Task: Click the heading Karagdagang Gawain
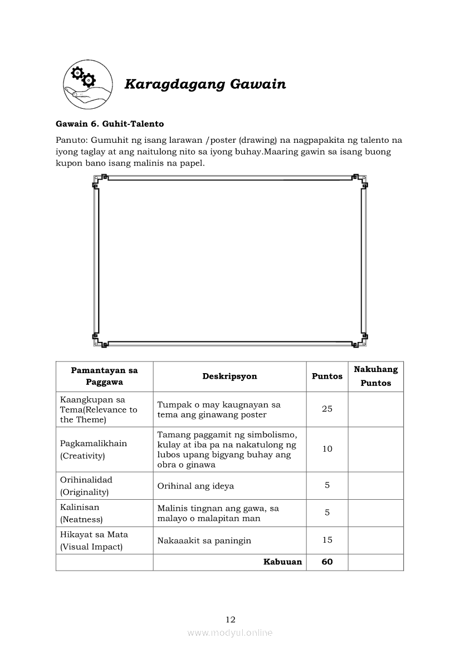(x=205, y=84)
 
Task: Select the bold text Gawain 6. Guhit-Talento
(x=110, y=124)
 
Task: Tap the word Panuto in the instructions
(x=71, y=140)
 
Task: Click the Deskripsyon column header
(x=229, y=376)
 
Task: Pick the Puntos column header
(x=327, y=376)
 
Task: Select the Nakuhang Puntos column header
(x=375, y=376)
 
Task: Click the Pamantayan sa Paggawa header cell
(x=104, y=376)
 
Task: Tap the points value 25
(x=327, y=409)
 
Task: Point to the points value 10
(x=327, y=449)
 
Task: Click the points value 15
(x=327, y=540)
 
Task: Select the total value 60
(x=327, y=562)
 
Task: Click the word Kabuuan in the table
(x=282, y=562)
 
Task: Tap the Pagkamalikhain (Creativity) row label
(x=94, y=450)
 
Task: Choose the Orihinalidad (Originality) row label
(x=86, y=486)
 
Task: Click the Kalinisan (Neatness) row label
(x=81, y=513)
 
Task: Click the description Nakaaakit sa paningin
(x=204, y=540)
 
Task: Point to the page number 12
(x=231, y=620)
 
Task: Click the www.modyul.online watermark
(x=230, y=633)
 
